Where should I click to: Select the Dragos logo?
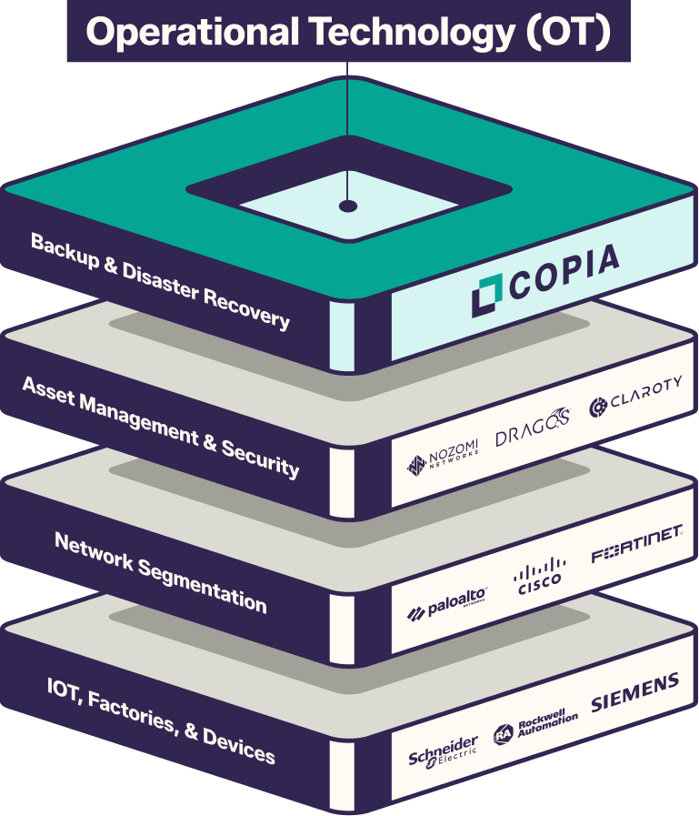pos(533,432)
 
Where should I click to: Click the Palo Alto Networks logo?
pos(447,603)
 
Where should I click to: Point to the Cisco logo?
pos(539,574)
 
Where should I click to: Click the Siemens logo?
pos(635,693)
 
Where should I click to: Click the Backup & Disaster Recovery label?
pos(160,281)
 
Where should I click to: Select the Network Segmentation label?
pos(160,572)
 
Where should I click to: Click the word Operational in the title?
pos(194,33)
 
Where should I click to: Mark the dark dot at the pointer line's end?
pos(348,207)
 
